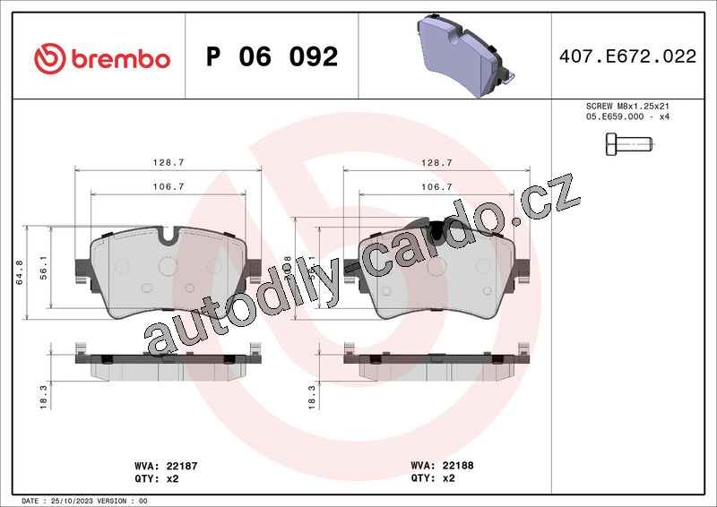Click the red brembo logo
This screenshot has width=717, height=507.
[102, 59]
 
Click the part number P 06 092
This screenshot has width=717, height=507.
[272, 56]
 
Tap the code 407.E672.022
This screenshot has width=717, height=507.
[628, 56]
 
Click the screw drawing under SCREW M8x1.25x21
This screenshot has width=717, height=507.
[629, 144]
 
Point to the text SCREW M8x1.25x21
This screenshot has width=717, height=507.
[627, 106]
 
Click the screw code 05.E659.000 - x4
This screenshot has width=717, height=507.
[627, 116]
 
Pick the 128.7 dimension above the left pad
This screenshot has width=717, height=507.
[168, 163]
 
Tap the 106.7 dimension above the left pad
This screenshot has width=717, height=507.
[168, 186]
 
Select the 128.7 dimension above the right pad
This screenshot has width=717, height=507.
[436, 163]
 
